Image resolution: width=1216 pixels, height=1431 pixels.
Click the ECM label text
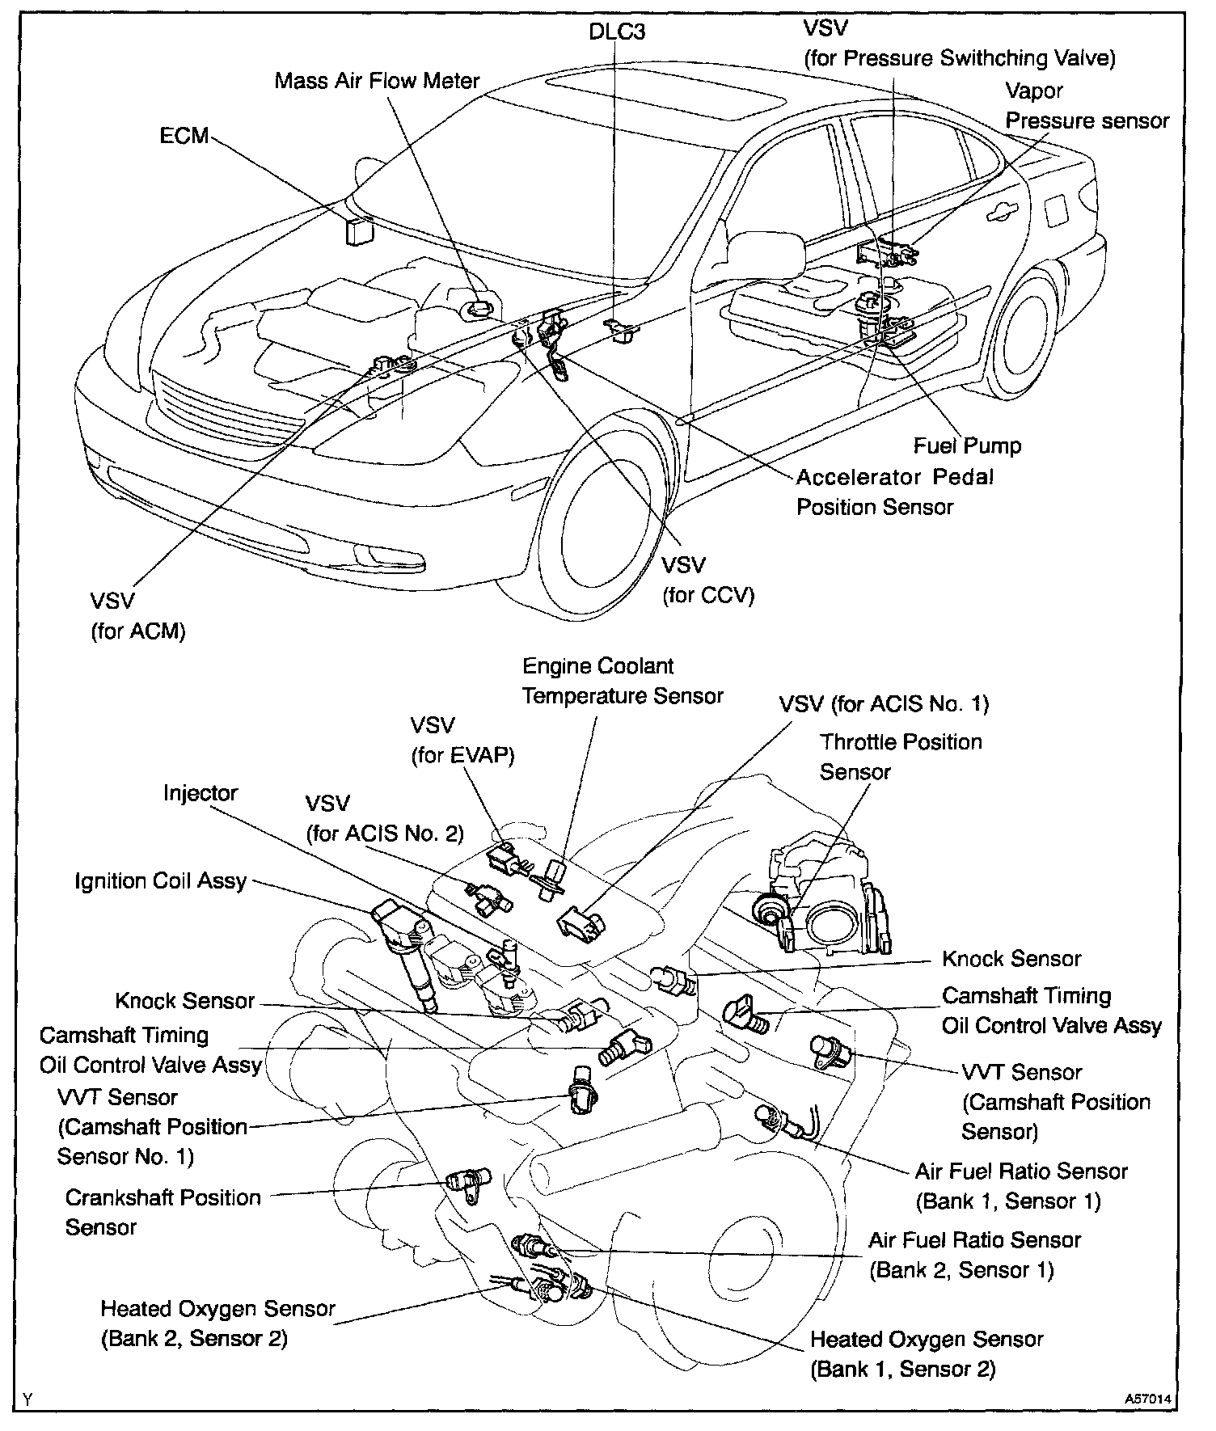(184, 136)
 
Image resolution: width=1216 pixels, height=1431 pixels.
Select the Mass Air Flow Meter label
(377, 81)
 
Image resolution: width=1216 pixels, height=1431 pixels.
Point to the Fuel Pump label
(967, 445)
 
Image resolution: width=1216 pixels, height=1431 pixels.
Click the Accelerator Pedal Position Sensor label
(894, 492)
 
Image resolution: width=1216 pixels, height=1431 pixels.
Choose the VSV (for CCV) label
(707, 580)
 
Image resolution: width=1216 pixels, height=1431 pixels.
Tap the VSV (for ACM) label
(138, 615)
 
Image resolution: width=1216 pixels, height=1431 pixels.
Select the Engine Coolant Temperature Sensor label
(622, 681)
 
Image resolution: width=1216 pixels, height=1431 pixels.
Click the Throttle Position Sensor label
(900, 757)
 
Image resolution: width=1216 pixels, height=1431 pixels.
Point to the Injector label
(201, 792)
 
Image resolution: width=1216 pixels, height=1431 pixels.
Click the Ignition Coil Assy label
(160, 880)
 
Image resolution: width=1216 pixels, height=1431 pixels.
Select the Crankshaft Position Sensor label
(163, 1212)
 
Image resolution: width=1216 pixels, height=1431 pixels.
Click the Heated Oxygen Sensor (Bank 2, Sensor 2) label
(217, 1323)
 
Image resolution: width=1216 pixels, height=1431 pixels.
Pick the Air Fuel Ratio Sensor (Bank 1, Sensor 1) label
(1020, 1186)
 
